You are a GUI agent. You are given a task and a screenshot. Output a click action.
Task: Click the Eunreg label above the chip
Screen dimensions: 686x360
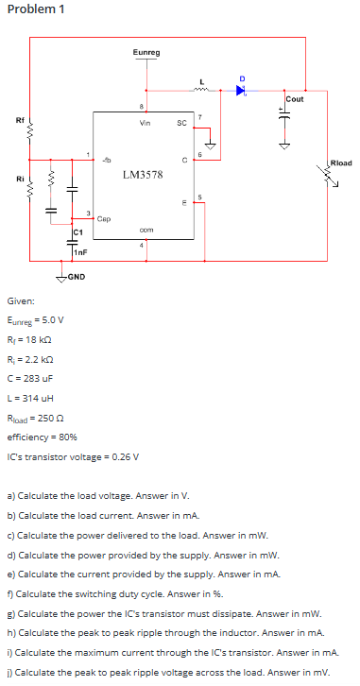tap(146, 53)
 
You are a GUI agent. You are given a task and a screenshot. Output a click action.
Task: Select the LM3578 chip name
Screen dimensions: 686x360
tap(143, 175)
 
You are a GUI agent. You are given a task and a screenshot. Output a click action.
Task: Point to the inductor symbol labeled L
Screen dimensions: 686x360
tap(200, 91)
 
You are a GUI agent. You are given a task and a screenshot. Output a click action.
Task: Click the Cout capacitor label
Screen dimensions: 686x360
tap(294, 99)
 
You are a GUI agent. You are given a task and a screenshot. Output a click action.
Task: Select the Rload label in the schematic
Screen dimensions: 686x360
tap(340, 163)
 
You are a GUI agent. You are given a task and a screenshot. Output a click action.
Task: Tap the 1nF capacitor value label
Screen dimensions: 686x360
tap(81, 251)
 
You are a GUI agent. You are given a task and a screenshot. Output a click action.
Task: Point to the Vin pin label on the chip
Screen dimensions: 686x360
tap(145, 122)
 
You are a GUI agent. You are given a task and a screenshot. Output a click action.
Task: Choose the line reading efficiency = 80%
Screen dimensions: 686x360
tap(42, 437)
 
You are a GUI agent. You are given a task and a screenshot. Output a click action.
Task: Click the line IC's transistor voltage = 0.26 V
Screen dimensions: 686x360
tap(72, 456)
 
